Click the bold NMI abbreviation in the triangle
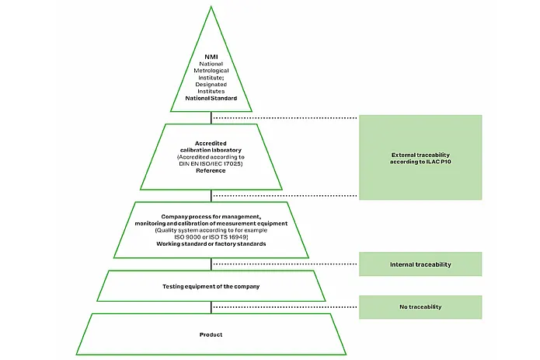coord(211,56)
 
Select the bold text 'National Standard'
coord(211,99)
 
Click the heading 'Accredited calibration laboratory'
coord(211,145)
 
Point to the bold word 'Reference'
coord(211,171)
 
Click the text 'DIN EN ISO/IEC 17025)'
coord(211,164)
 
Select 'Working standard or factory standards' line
coord(211,244)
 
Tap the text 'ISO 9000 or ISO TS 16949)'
coord(211,237)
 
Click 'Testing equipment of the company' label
coord(211,287)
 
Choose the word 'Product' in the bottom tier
coord(211,334)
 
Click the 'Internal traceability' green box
coord(420,264)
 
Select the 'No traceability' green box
coord(420,306)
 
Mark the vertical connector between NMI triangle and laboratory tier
coord(211,117)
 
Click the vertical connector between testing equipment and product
coord(211,307)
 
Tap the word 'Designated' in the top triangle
coord(211,85)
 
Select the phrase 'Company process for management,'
coord(211,216)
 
